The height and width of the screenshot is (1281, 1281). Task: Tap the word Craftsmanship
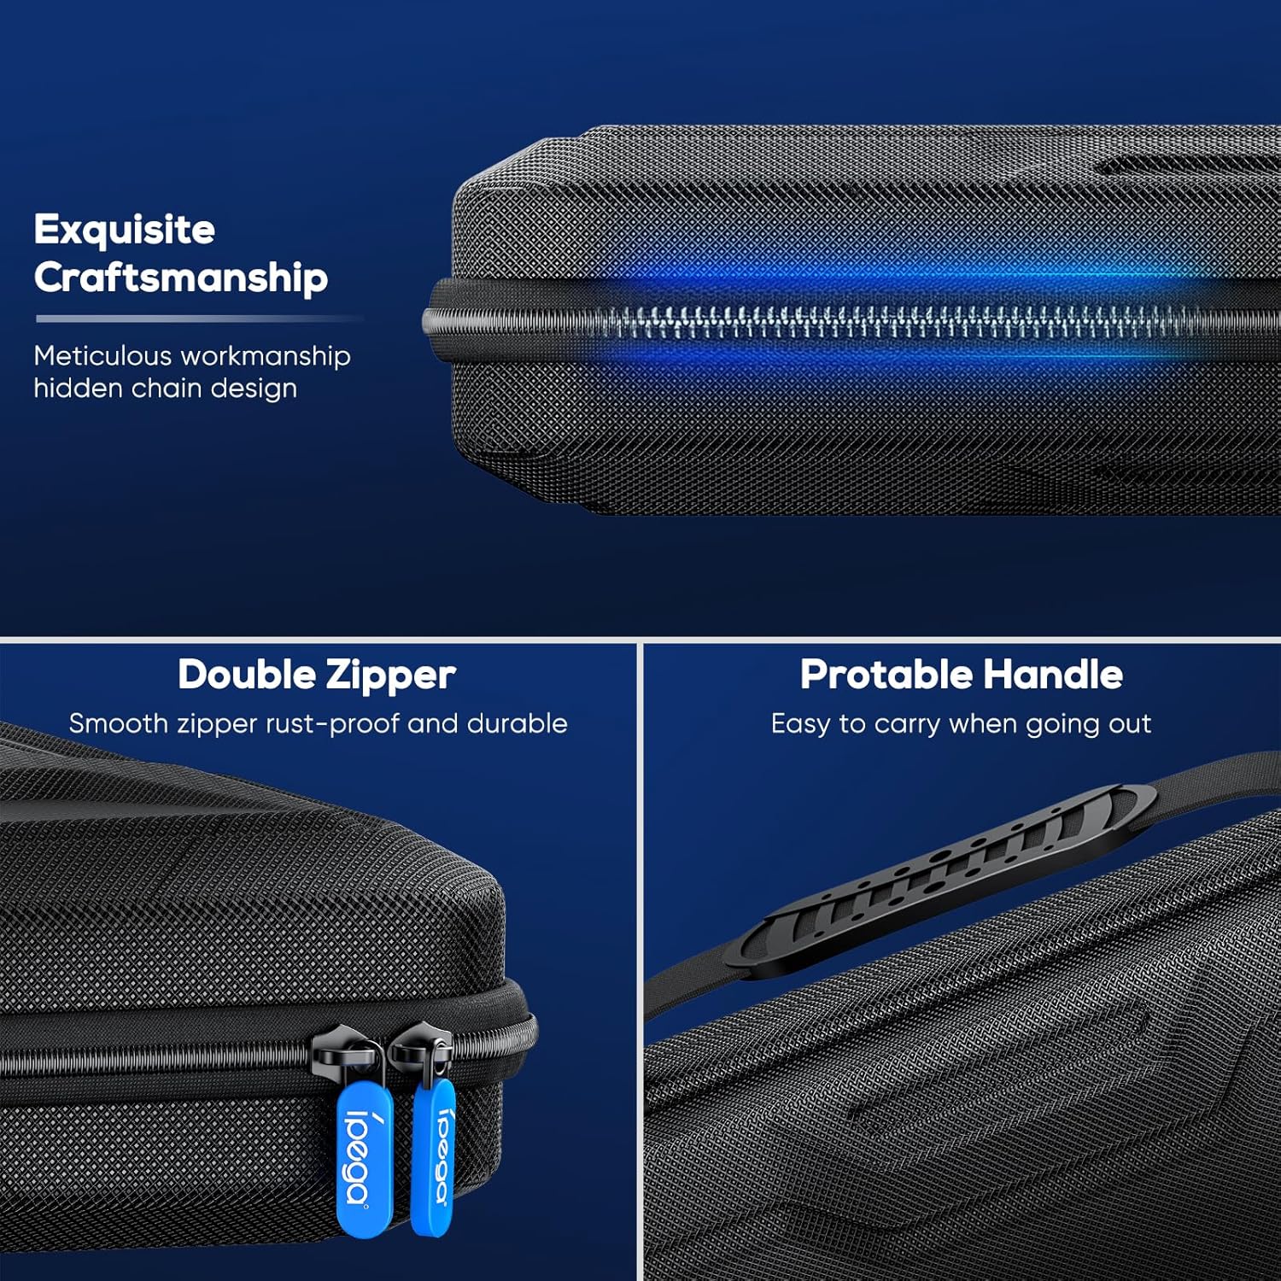(181, 278)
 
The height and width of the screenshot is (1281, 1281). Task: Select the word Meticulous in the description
(102, 355)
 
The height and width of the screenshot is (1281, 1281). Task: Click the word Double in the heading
(247, 675)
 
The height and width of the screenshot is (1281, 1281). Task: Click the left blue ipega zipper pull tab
(366, 1158)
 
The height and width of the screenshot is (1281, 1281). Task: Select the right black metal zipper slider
(420, 1050)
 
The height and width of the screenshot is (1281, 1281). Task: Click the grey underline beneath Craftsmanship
(200, 319)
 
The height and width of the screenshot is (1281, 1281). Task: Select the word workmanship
(266, 357)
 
